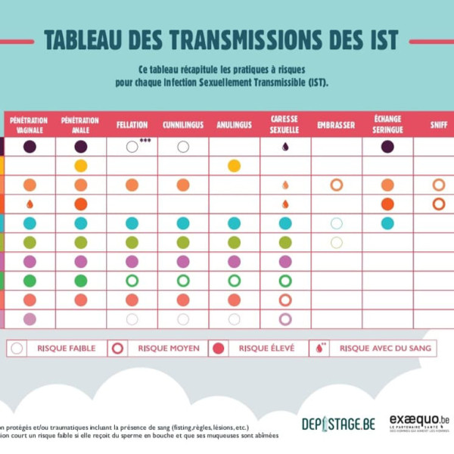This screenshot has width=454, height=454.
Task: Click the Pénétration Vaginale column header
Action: point(30,124)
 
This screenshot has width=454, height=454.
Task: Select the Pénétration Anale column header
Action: point(80,124)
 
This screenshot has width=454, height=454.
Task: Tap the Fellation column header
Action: point(132,125)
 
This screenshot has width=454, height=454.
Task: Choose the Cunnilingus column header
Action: point(182,125)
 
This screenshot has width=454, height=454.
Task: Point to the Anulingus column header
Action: point(234,125)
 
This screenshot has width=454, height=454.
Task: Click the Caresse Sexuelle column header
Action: point(285,124)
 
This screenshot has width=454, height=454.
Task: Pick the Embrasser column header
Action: point(336,125)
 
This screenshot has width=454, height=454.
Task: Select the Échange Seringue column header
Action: point(387,124)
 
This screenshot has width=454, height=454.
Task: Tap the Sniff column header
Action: point(438,125)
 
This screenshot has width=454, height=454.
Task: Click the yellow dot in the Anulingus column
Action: point(234,166)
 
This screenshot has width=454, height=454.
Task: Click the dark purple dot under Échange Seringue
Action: point(387,147)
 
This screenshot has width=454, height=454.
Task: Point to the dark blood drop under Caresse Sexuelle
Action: point(285,147)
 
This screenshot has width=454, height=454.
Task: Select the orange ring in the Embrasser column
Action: point(337,185)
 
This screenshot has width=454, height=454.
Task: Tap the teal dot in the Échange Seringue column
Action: point(387,223)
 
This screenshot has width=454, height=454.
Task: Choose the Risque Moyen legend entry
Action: point(160,349)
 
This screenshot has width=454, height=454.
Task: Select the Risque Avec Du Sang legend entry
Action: point(371,349)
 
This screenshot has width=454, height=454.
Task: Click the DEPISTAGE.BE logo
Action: point(337,424)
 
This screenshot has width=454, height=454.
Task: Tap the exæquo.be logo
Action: point(419,422)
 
